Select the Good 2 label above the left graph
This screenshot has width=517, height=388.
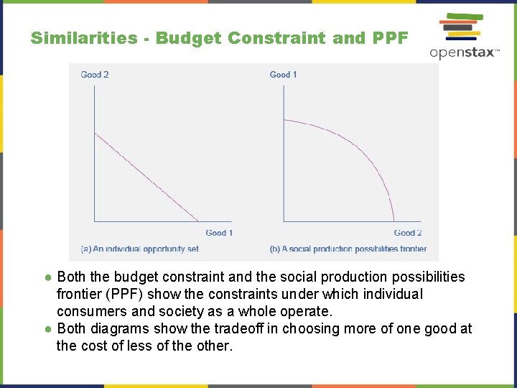pyautogui.click(x=95, y=75)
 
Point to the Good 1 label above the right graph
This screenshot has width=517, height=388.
pyautogui.click(x=283, y=75)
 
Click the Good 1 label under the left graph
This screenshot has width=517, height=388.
pyautogui.click(x=219, y=233)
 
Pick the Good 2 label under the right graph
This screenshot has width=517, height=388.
pyautogui.click(x=408, y=233)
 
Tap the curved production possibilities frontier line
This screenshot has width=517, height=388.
pyautogui.click(x=359, y=151)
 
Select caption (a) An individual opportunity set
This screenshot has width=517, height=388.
pyautogui.click(x=140, y=249)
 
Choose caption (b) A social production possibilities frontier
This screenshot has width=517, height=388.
pyautogui.click(x=348, y=249)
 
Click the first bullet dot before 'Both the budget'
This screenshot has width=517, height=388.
pyautogui.click(x=47, y=277)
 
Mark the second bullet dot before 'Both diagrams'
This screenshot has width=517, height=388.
pyautogui.click(x=47, y=329)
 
